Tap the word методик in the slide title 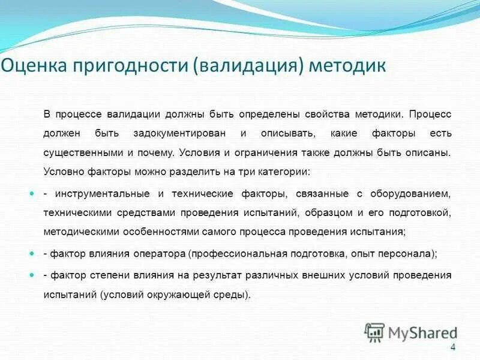tap(347, 65)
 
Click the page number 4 tap(453, 348)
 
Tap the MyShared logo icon tap(375, 332)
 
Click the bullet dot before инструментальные tap(32, 194)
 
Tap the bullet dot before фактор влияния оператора tap(32, 254)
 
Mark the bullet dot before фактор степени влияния tap(32, 274)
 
